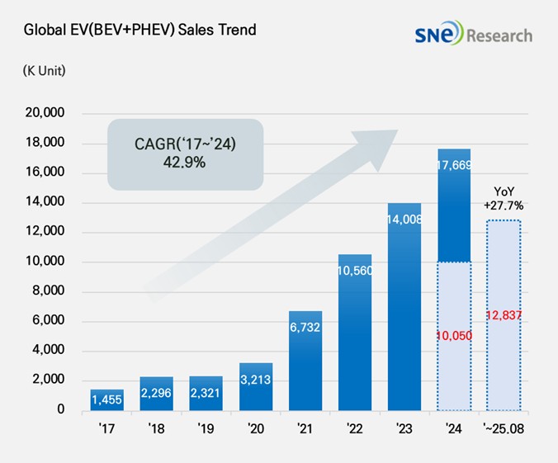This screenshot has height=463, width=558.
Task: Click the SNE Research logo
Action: pos(474,35)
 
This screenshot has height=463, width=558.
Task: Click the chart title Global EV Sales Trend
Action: pos(139,31)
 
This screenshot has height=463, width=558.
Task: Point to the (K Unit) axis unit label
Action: pos(45,70)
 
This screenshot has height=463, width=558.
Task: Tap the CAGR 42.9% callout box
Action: pos(185,155)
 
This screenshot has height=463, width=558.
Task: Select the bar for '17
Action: pos(107,400)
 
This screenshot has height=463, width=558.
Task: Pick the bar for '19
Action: pos(206,394)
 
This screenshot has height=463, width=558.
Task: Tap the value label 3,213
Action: pos(256,380)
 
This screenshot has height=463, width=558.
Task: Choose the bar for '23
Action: pos(404,306)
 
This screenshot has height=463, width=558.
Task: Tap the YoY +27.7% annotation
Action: pos(504,197)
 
